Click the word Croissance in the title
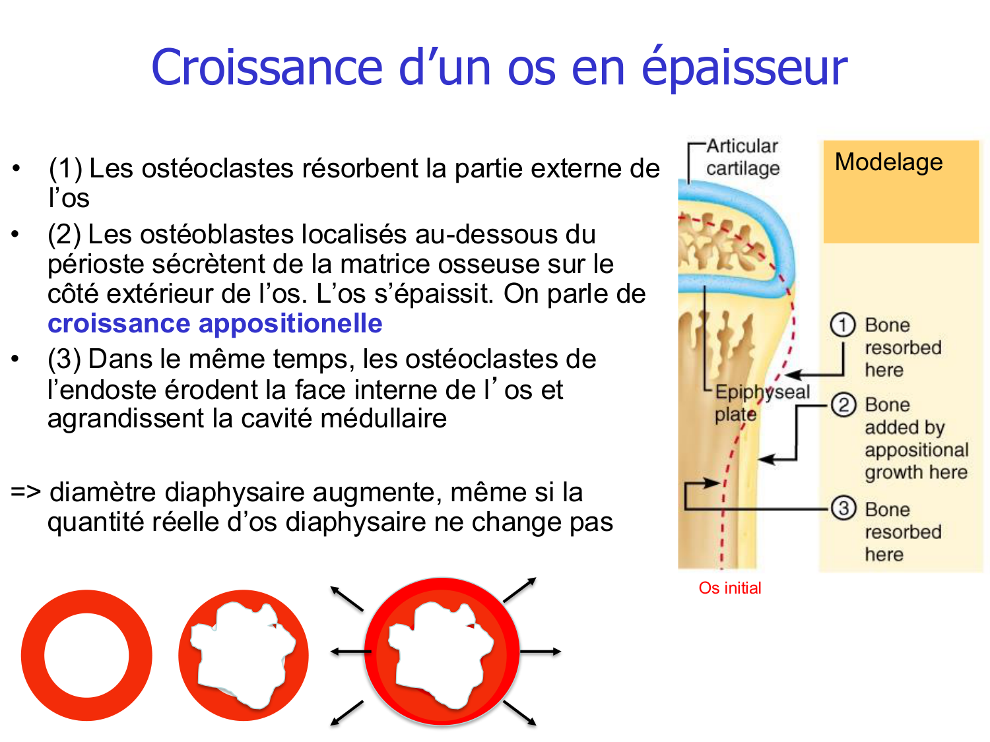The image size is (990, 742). coord(267,67)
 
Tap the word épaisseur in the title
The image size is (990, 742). coord(744,69)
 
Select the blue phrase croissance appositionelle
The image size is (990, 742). coord(215,324)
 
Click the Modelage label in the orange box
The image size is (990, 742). coord(888,162)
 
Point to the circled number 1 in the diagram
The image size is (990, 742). coord(842,325)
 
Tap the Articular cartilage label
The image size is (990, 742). coord(742,157)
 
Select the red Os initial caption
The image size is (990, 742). coord(730,588)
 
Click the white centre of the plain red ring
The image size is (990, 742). coord(86,656)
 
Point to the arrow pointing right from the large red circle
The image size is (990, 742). coord(541,652)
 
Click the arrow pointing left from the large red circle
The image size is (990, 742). coord(350,652)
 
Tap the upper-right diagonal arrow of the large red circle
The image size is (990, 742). coord(521,589)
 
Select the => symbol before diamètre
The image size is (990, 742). coord(26,493)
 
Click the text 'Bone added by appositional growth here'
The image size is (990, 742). coord(916,439)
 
